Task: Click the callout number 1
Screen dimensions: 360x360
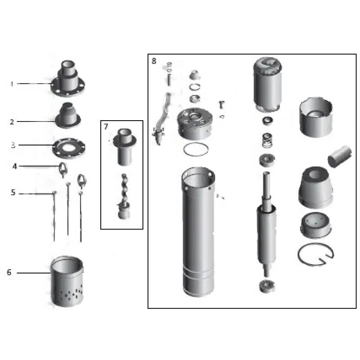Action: coord(13,84)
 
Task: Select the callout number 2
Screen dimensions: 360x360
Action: coord(13,121)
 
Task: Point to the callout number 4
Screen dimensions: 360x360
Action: coord(14,166)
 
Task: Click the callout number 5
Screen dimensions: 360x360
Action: coord(13,193)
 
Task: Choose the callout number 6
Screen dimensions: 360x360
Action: coord(9,272)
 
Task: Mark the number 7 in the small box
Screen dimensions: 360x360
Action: coord(106,127)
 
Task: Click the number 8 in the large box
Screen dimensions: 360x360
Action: coord(154,61)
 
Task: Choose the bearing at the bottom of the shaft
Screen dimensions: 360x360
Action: coord(268,286)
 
